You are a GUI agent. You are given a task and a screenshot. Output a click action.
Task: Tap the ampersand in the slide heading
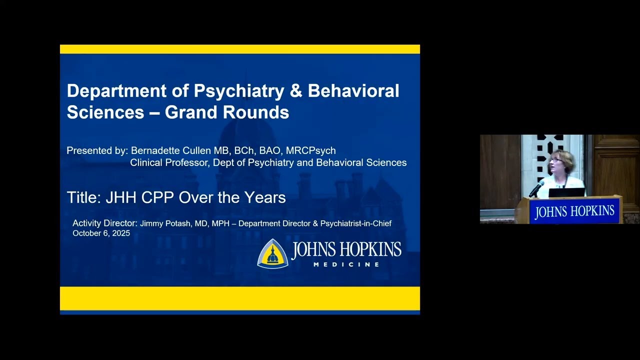(295, 91)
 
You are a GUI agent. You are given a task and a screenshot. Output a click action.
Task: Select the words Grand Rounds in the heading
(227, 112)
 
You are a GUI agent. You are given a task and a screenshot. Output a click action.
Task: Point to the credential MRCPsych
(310, 150)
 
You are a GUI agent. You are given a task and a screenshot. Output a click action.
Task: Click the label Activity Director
(104, 223)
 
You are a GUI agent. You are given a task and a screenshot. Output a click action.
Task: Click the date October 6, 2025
(101, 233)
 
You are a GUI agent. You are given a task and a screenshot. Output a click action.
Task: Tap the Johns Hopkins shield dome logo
(272, 253)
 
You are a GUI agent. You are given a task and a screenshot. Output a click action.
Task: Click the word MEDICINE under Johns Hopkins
(346, 264)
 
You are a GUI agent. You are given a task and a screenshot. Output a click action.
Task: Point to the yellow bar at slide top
(240, 49)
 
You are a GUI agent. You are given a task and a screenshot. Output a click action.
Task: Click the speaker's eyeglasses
(555, 159)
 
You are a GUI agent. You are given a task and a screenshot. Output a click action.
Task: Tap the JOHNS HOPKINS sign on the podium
(574, 211)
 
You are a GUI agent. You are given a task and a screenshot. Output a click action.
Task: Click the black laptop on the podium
(566, 192)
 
